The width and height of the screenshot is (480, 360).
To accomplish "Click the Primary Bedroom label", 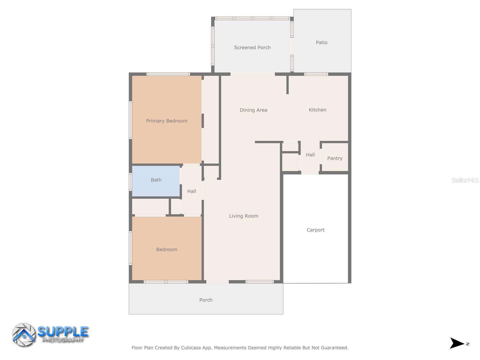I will (167, 121).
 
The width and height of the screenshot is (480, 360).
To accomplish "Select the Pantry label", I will (335, 158).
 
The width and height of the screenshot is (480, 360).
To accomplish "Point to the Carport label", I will (316, 230).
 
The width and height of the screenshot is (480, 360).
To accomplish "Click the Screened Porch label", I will (252, 47).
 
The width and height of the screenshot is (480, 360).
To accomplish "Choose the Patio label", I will (322, 43).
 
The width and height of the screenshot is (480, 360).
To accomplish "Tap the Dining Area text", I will (253, 110).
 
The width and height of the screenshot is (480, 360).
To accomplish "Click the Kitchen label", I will (317, 110).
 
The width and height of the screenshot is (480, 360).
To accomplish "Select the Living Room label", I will (244, 216).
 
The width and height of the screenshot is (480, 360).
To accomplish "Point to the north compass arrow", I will (457, 343).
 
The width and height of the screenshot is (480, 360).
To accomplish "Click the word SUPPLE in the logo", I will (63, 332).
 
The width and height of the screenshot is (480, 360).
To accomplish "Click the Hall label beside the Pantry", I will (310, 155).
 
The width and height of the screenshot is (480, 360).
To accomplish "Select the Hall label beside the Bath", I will (192, 191).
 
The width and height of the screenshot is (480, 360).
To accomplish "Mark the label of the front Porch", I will (206, 300).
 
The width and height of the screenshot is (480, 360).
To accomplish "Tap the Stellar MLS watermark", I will (465, 180).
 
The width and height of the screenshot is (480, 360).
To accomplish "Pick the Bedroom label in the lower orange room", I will (167, 250).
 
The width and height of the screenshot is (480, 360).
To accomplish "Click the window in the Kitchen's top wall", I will (316, 74).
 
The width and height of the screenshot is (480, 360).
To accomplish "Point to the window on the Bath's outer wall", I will (130, 182).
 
